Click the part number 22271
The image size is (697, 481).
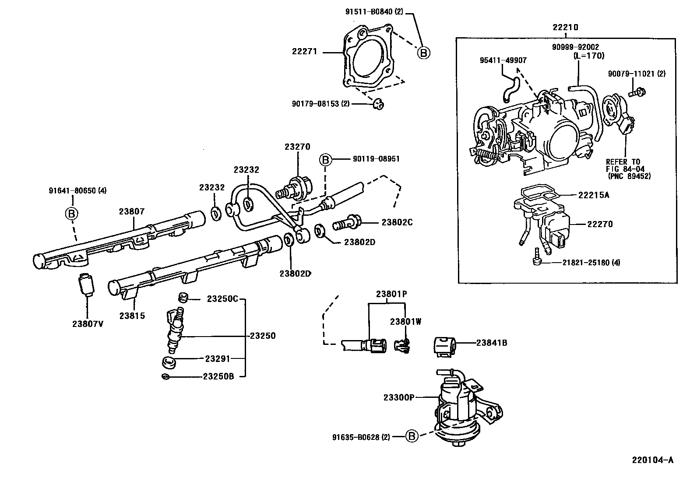(x=304, y=52)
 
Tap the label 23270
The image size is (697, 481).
(x=297, y=147)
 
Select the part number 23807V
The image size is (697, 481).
(x=88, y=324)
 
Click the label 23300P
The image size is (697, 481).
(x=398, y=397)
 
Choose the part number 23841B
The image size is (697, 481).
(x=492, y=343)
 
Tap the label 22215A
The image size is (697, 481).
(x=593, y=195)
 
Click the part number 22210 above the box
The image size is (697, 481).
(x=565, y=27)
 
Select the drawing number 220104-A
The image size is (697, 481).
(x=652, y=460)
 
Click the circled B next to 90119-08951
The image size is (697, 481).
(x=325, y=160)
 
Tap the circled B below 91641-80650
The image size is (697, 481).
(x=71, y=214)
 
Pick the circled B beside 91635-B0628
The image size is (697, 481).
(x=411, y=436)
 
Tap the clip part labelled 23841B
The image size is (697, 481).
(x=444, y=347)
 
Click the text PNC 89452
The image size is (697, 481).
(x=629, y=176)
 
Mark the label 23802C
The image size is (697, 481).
(x=397, y=222)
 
